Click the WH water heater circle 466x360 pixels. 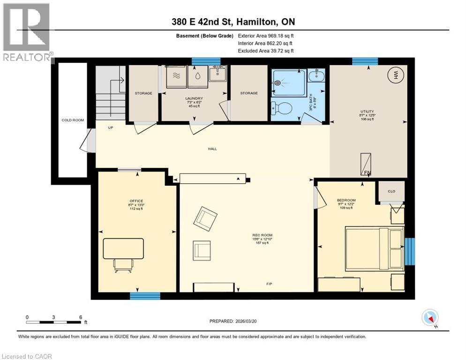(x=396, y=75)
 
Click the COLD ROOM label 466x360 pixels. (x=73, y=120)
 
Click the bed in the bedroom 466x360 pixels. (x=374, y=248)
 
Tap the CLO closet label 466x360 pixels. (x=392, y=191)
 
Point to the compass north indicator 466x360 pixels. (x=429, y=318)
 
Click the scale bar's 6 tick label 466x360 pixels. (x=81, y=317)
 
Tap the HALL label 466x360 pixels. (x=213, y=149)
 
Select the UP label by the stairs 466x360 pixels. (x=110, y=127)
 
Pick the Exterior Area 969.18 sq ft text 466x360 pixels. (x=266, y=36)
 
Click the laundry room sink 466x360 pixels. (x=218, y=74)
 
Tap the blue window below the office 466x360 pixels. (x=145, y=296)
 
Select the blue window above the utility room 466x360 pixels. (x=365, y=61)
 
